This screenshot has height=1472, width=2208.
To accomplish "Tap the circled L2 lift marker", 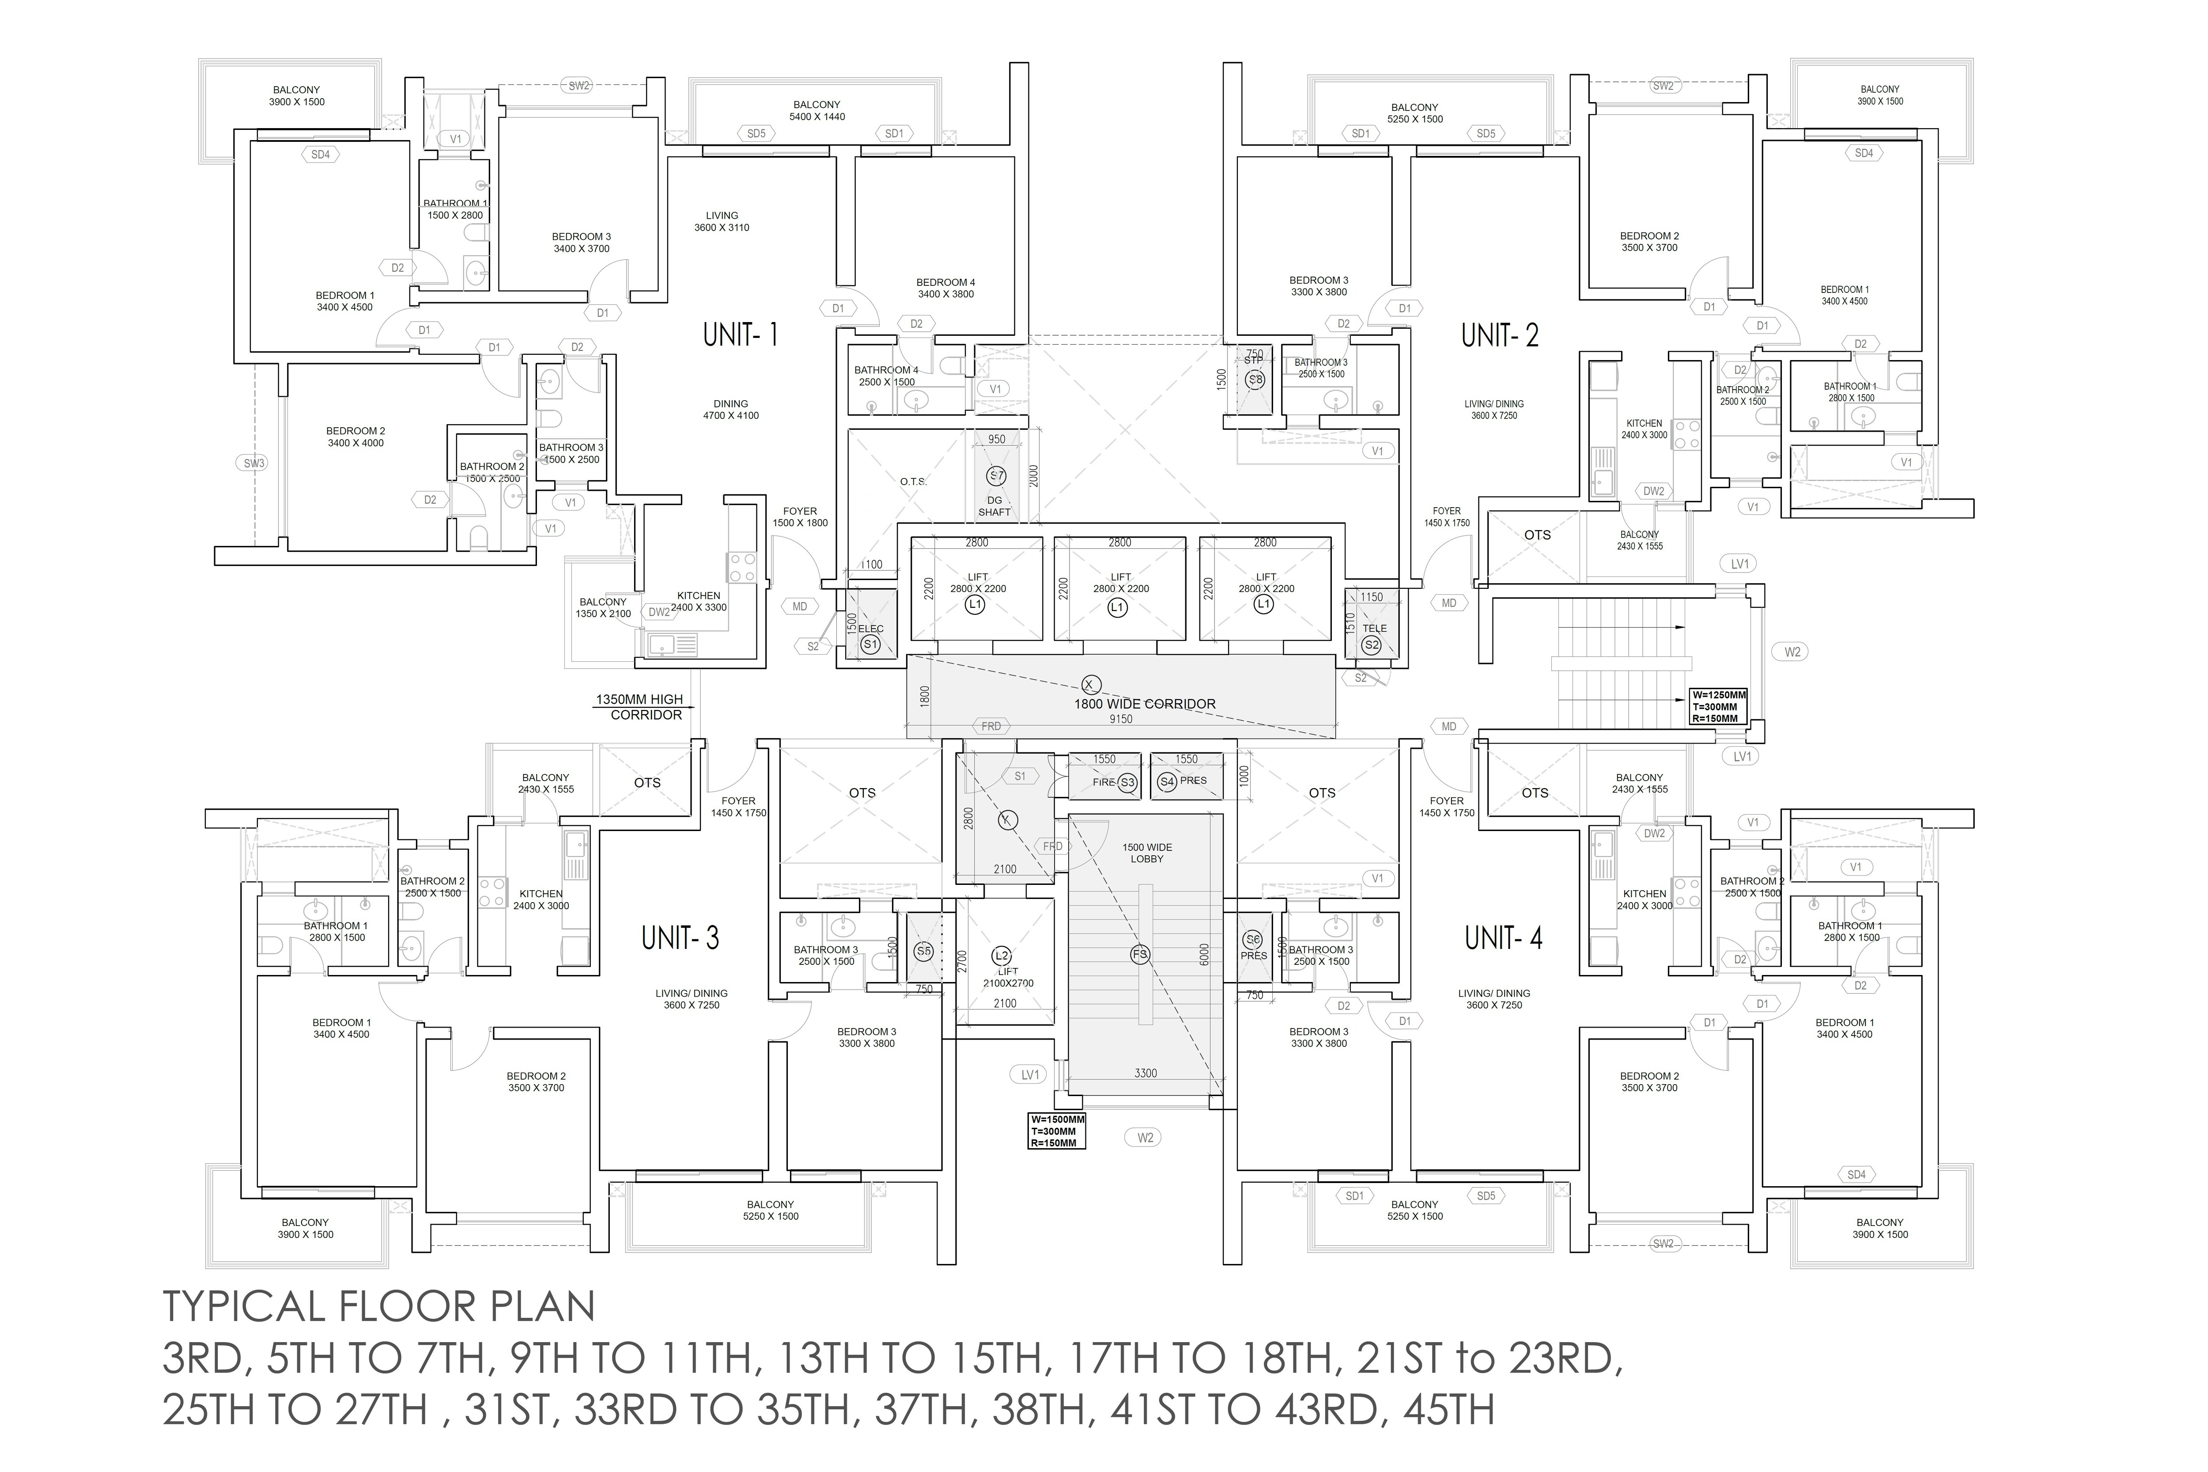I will coord(1001,956).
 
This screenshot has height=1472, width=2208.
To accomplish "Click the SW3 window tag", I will coord(254,463).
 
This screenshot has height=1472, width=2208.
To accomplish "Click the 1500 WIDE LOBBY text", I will coord(1147,853).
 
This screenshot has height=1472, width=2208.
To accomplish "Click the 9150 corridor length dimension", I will coord(1120,719).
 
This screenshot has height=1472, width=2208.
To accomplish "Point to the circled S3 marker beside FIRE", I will coord(1127,782).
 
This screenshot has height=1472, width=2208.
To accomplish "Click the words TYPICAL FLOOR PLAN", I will coord(379,1307).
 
